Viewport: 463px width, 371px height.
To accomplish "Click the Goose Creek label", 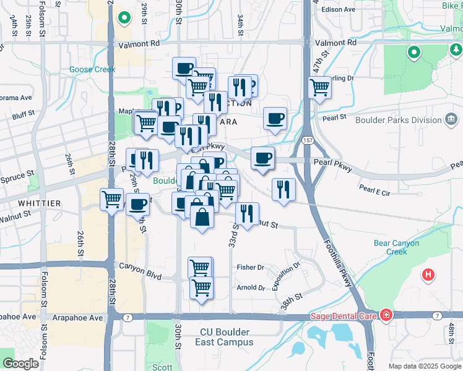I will [92, 69].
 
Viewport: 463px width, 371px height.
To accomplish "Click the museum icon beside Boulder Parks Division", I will [451, 119].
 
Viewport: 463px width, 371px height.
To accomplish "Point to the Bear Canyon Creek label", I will [399, 247].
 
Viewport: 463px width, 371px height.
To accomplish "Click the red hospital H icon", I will [427, 274].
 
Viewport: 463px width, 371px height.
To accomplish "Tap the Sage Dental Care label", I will [344, 316].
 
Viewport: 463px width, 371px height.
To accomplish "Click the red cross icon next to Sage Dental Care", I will [386, 316].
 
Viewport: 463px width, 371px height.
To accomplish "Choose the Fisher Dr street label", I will [251, 268].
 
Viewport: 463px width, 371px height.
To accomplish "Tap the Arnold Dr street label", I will [251, 288].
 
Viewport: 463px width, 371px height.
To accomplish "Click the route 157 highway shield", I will [308, 142].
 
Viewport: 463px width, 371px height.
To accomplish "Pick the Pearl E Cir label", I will [375, 193].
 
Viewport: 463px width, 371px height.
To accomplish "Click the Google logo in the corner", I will [20, 364].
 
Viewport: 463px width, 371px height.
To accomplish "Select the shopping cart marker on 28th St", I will [111, 200].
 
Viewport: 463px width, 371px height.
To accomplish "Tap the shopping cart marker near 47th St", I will [319, 87].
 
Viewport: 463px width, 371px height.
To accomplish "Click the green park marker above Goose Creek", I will [124, 18].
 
